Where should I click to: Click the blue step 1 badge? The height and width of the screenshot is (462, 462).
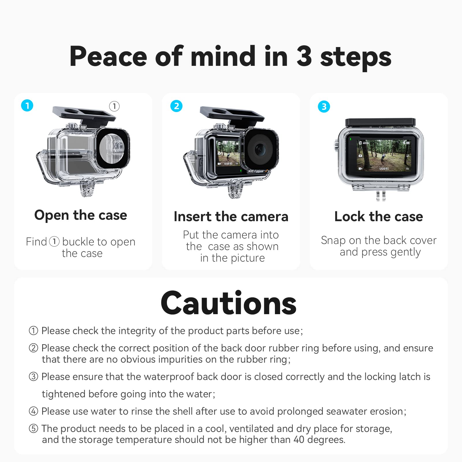tap(27, 105)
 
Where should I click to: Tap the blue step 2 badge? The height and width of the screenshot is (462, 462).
tap(176, 106)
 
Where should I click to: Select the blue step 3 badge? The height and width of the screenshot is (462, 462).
tap(324, 107)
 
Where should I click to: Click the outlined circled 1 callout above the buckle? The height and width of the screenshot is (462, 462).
tap(114, 106)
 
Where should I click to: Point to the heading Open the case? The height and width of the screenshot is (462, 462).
tap(81, 215)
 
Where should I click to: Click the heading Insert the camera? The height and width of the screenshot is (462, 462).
tap(231, 217)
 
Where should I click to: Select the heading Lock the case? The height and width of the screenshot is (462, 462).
tap(379, 217)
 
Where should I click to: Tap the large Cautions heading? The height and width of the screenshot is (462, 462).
tap(228, 303)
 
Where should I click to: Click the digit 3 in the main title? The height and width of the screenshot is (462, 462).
tap(304, 56)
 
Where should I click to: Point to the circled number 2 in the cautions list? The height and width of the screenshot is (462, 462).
tap(33, 348)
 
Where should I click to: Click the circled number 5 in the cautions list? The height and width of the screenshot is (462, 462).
tap(33, 429)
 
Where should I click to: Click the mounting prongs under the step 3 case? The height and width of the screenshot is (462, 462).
tap(381, 196)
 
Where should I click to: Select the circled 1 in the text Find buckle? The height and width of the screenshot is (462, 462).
tap(54, 242)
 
